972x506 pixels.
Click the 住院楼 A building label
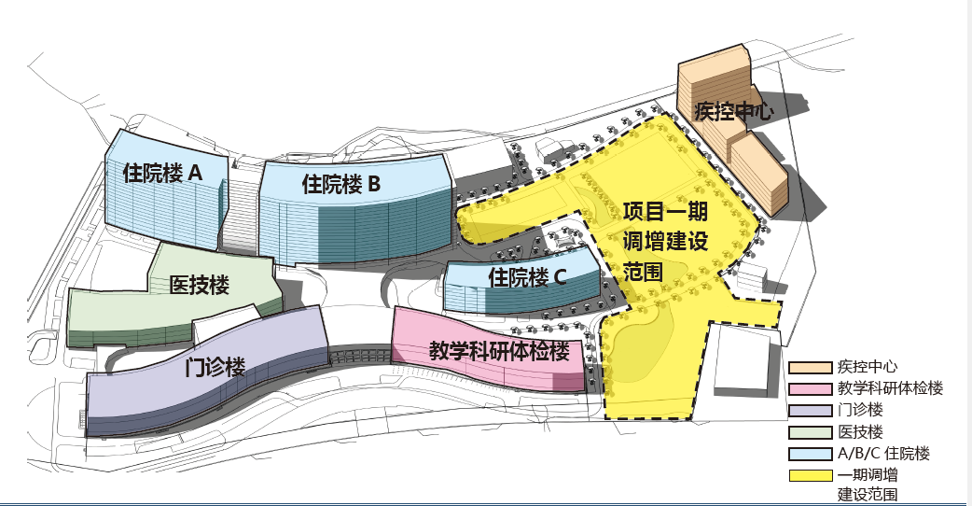click(x=162, y=173)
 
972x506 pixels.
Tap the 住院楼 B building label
click(x=341, y=184)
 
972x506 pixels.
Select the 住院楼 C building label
click(x=528, y=276)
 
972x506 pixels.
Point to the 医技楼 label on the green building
click(x=200, y=286)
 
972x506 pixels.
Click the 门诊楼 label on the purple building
click(x=215, y=367)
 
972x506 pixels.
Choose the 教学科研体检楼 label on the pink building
click(x=500, y=352)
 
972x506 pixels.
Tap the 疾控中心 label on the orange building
click(x=734, y=111)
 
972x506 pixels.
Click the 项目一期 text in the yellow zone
click(x=665, y=211)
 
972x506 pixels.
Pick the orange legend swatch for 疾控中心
click(x=810, y=368)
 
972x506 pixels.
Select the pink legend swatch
click(x=810, y=389)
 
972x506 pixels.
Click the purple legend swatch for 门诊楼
click(x=810, y=411)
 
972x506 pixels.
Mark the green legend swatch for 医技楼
click(x=810, y=432)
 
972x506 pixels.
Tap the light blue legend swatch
click(x=810, y=454)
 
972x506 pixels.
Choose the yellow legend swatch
click(x=810, y=475)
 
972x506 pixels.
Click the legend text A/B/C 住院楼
click(x=884, y=454)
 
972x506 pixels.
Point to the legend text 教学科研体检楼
click(x=890, y=388)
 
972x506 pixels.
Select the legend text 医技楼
click(x=860, y=431)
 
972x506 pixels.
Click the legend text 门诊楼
click(x=860, y=410)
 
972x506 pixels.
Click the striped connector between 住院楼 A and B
click(x=241, y=208)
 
